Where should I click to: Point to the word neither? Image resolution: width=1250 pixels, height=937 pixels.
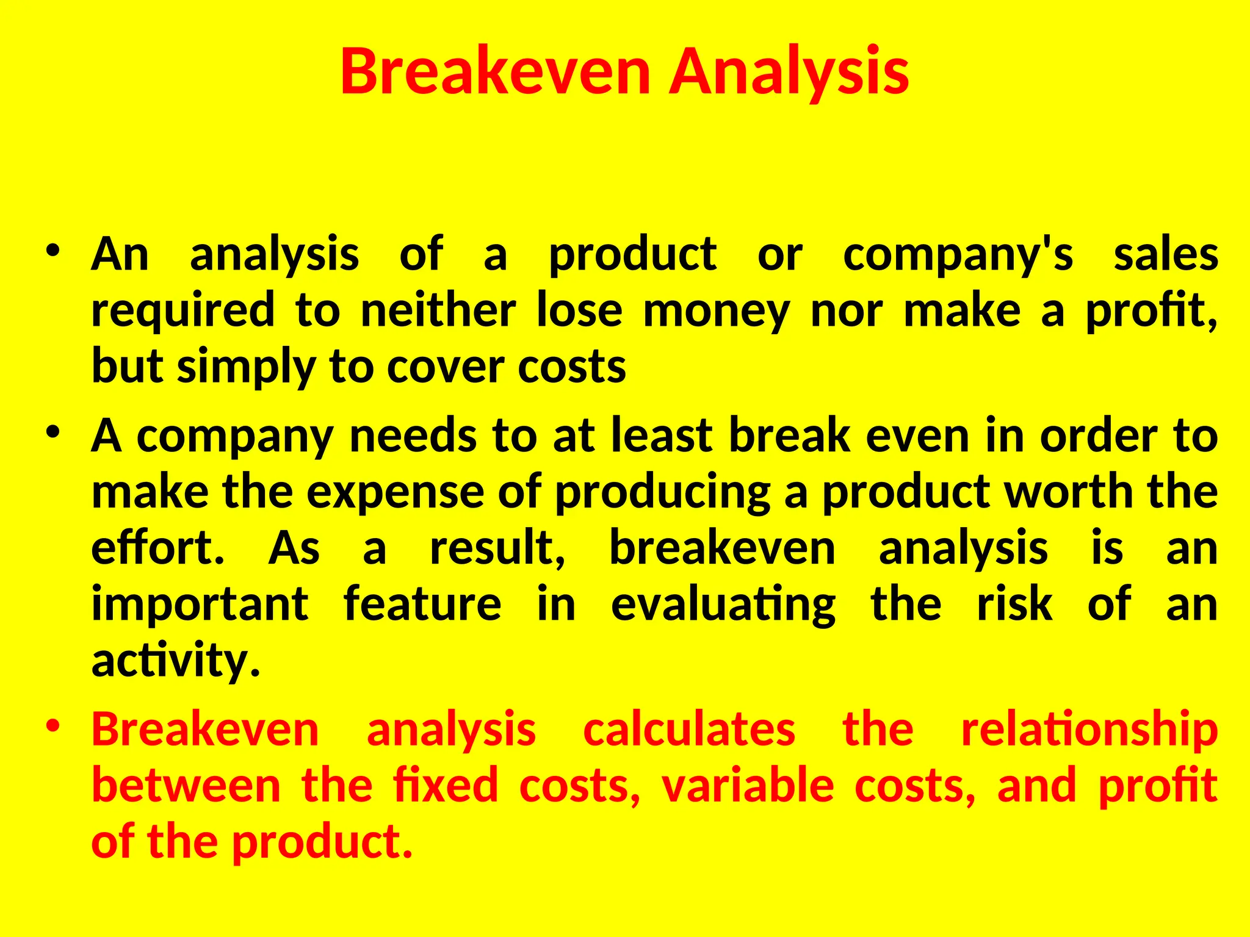point(438,311)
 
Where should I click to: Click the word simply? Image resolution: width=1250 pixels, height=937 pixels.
point(246,368)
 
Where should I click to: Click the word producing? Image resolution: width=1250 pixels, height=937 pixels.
point(662,493)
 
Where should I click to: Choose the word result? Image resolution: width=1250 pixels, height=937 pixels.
point(497,548)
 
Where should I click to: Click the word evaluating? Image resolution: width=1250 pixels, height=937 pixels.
point(723,605)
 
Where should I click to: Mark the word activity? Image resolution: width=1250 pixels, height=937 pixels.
point(176,661)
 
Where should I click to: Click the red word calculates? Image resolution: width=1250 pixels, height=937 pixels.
point(689,730)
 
